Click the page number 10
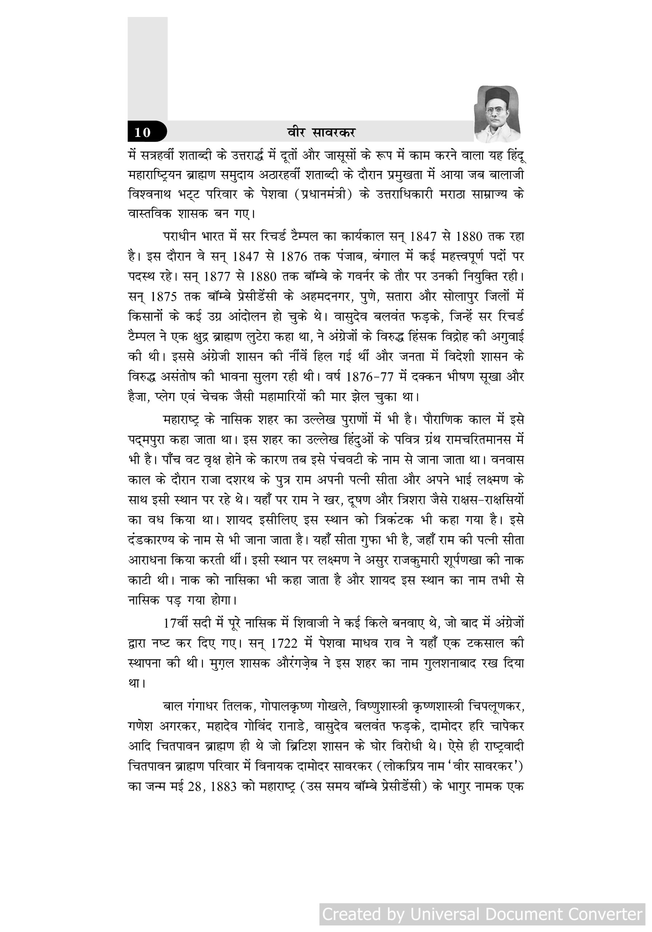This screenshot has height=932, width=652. pos(142,132)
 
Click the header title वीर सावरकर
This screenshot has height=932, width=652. pos(321,132)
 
